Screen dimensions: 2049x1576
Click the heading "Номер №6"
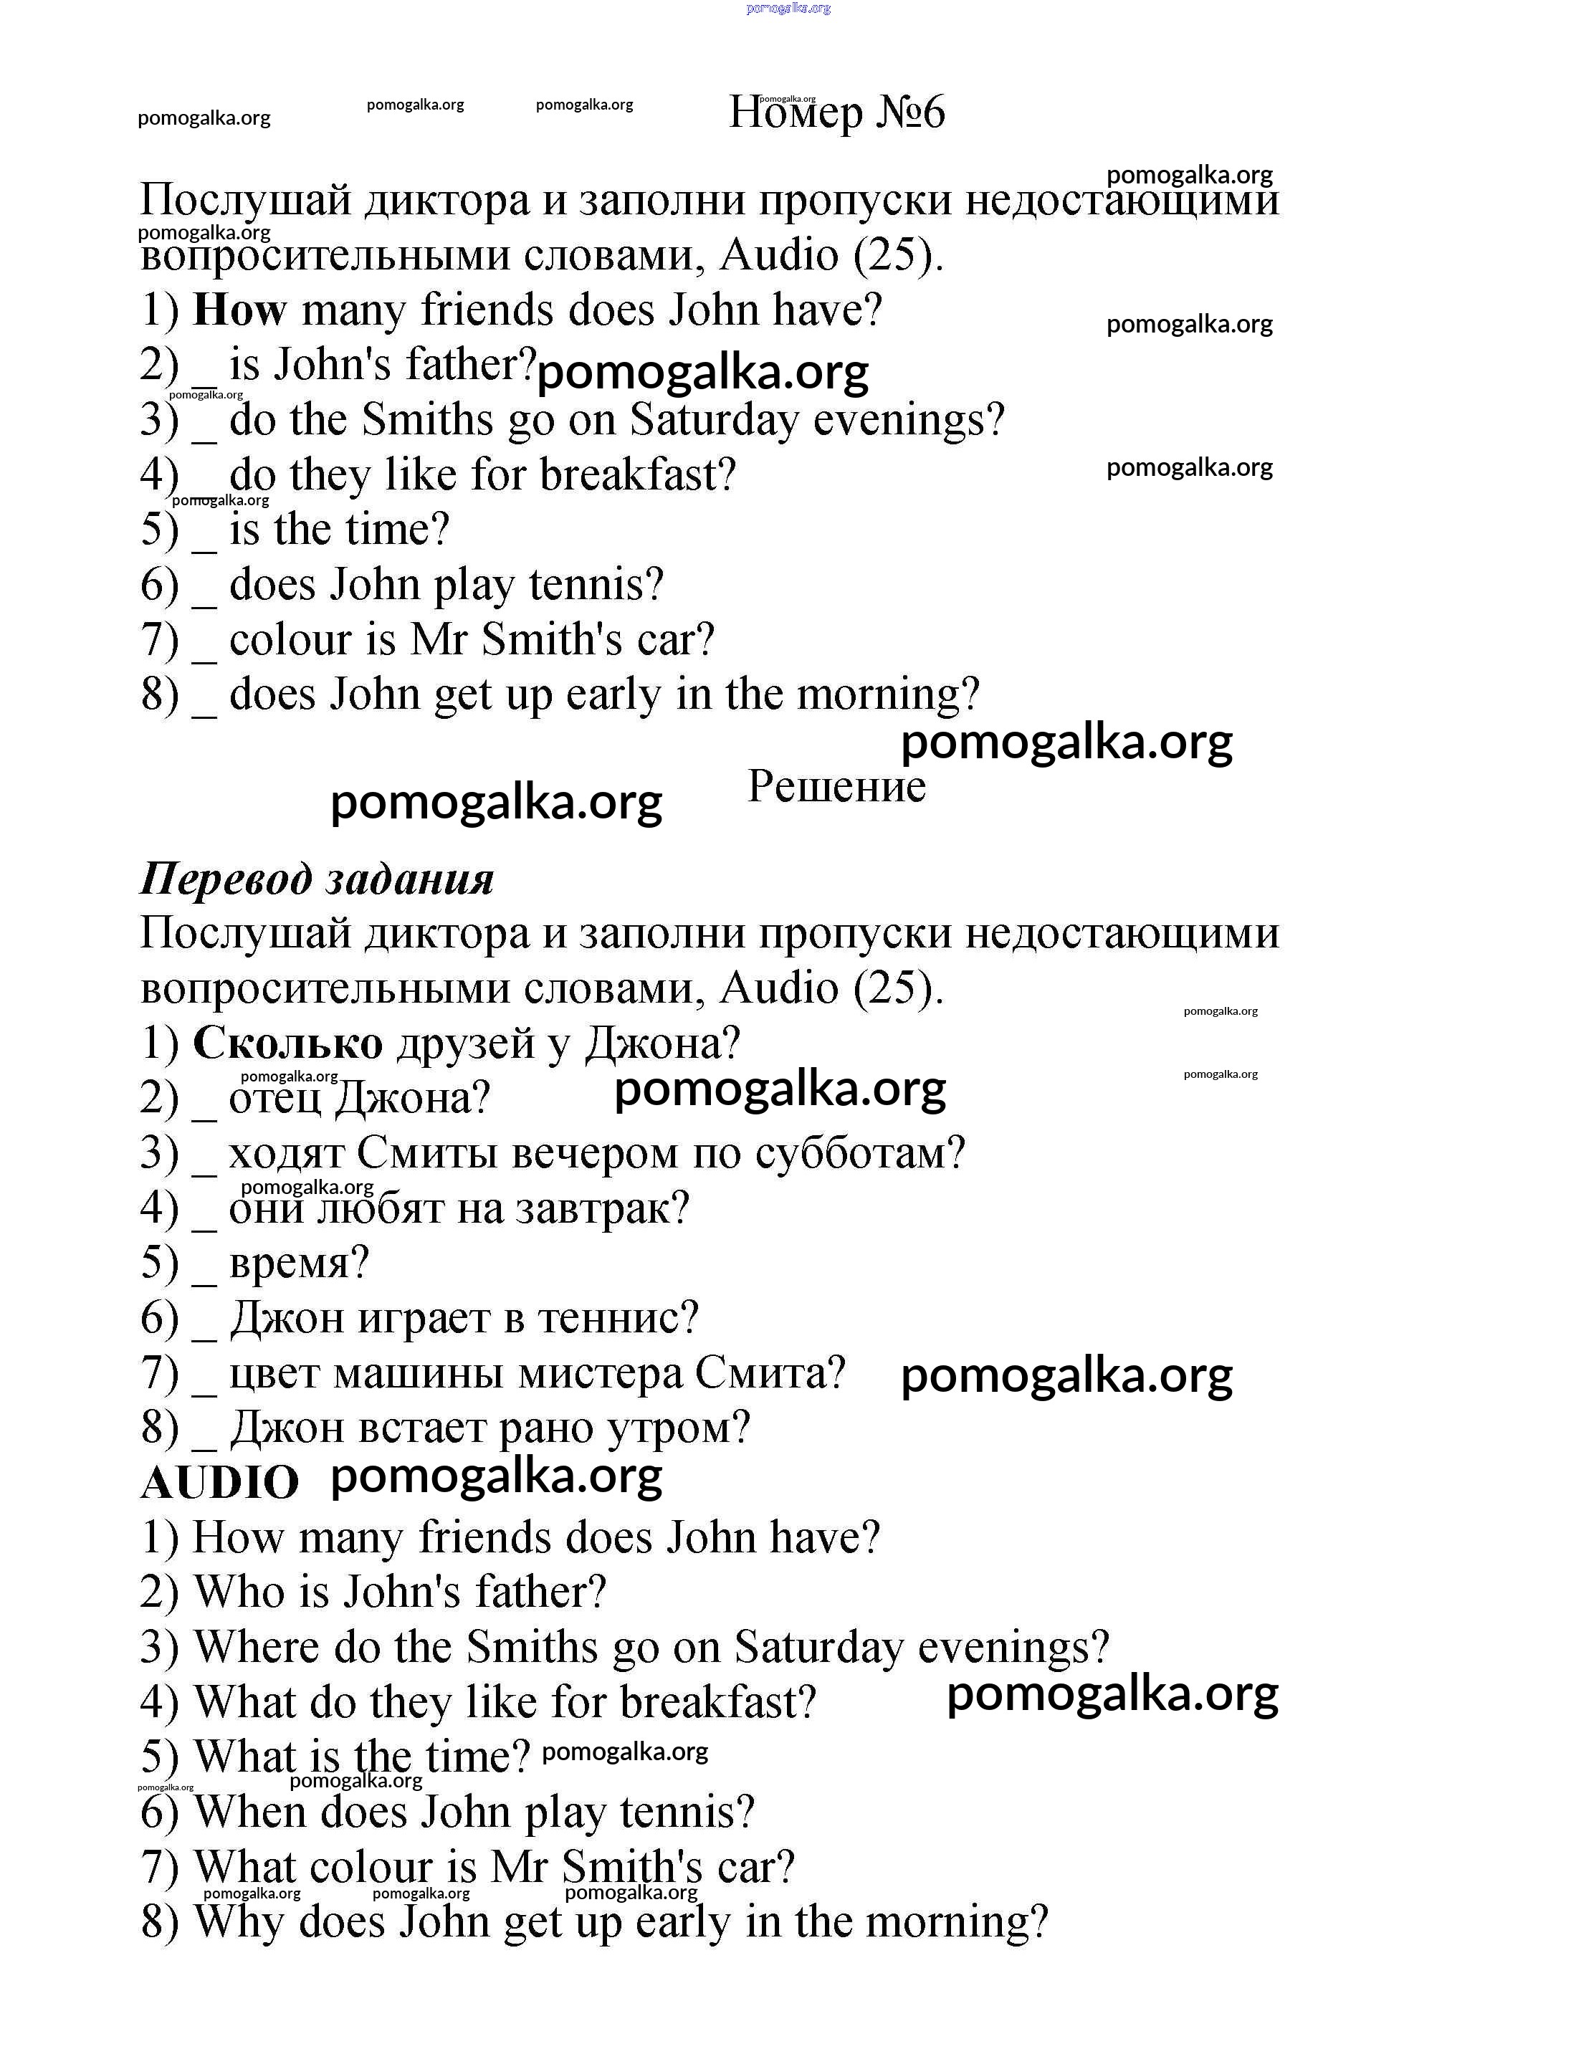click(837, 113)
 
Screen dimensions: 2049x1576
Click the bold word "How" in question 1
click(239, 310)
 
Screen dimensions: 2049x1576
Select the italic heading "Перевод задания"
click(316, 879)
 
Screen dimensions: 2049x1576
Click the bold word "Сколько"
click(287, 1043)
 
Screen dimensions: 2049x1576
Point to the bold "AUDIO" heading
click(219, 1484)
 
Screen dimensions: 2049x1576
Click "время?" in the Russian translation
click(298, 1263)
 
